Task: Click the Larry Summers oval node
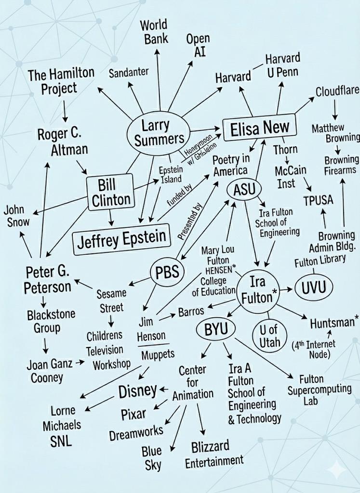point(155,132)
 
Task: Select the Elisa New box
point(260,128)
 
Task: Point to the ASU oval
point(244,189)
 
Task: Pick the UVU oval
point(314,288)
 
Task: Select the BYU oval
point(215,330)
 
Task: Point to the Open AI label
point(198,45)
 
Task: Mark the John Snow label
point(16,216)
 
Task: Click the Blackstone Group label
point(51,321)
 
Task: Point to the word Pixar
point(133,414)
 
